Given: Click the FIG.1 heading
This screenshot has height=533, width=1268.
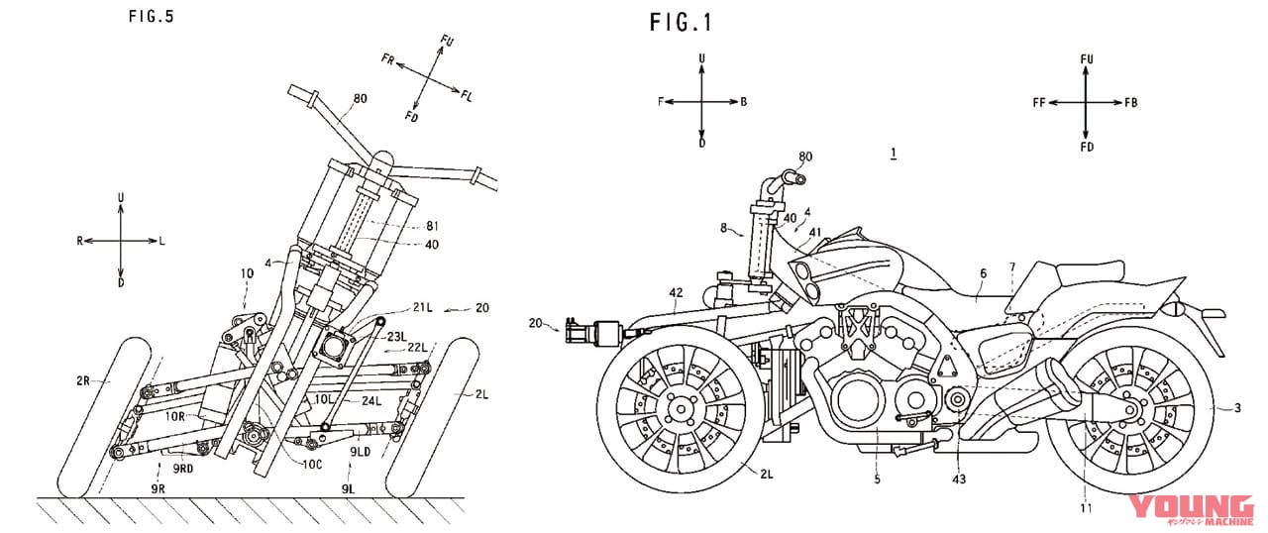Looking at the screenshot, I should click(681, 22).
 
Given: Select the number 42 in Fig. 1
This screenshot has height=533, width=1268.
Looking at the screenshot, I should click(677, 293).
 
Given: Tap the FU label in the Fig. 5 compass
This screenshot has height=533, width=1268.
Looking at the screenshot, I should click(447, 41).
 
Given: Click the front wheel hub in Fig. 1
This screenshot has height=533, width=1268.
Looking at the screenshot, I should click(680, 405).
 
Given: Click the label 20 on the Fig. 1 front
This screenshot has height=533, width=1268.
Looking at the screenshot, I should click(537, 322).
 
